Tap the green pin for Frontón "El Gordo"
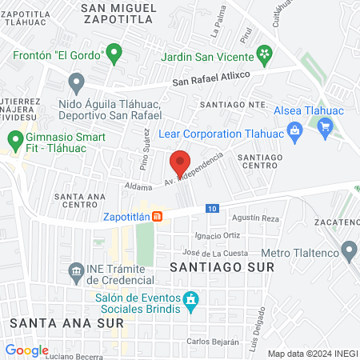114,54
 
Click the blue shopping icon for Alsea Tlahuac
324,126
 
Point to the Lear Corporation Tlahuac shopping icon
294,131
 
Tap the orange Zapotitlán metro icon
158,216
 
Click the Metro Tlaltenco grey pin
348,253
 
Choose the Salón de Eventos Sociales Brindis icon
190,301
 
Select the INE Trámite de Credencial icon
77,270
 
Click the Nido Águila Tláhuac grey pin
77,82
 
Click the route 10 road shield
210,209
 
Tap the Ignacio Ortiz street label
218,236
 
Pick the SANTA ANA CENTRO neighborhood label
78,201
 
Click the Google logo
27,350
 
